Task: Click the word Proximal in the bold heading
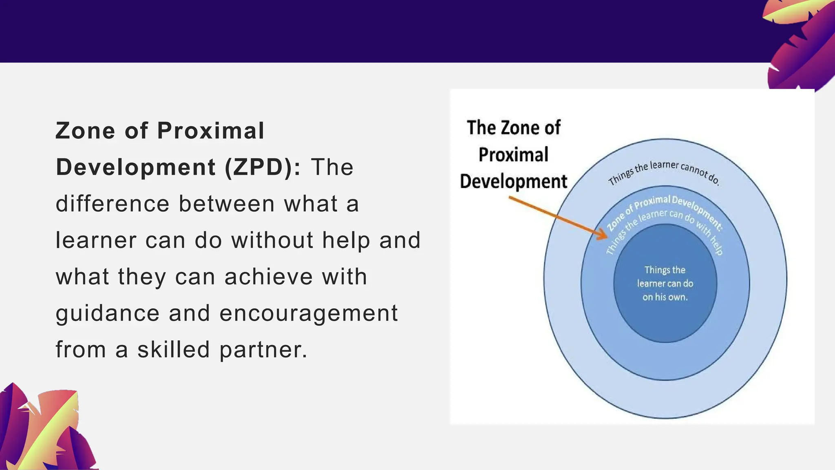click(211, 131)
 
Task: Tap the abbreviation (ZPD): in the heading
click(263, 167)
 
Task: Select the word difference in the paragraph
click(113, 204)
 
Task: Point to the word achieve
click(268, 277)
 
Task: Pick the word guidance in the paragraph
click(108, 313)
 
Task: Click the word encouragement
click(309, 313)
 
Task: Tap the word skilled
click(174, 350)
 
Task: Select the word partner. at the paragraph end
click(263, 350)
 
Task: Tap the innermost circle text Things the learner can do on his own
click(665, 283)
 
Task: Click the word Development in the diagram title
click(513, 182)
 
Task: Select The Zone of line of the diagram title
click(513, 128)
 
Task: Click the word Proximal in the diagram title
click(513, 155)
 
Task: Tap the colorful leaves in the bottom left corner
click(45, 432)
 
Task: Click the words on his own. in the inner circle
click(665, 297)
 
